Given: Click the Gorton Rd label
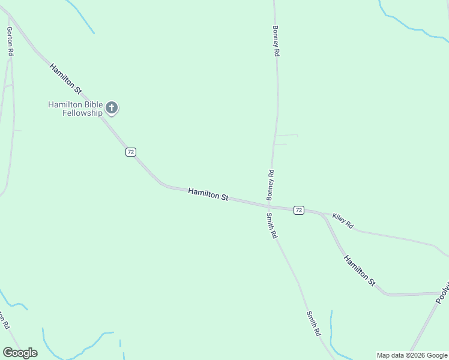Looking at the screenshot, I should point(10,41).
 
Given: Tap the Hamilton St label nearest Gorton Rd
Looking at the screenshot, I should point(65,79).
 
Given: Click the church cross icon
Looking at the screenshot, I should point(112,108).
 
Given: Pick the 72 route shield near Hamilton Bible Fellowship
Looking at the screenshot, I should point(131,152).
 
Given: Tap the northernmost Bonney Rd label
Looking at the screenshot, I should point(276,41).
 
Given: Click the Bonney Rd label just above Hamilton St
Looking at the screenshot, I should point(271,185).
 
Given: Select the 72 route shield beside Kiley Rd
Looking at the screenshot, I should point(298,210).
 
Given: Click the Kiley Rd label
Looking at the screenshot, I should point(343,221).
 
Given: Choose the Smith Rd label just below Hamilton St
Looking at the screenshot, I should point(272,226).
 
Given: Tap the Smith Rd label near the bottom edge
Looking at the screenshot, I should point(313,323).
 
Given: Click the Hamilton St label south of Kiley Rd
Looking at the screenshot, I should point(360,270).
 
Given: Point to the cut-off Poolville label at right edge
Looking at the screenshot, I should point(443,294).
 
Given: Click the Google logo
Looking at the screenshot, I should point(20,353).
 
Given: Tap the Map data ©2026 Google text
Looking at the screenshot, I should point(412,355).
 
